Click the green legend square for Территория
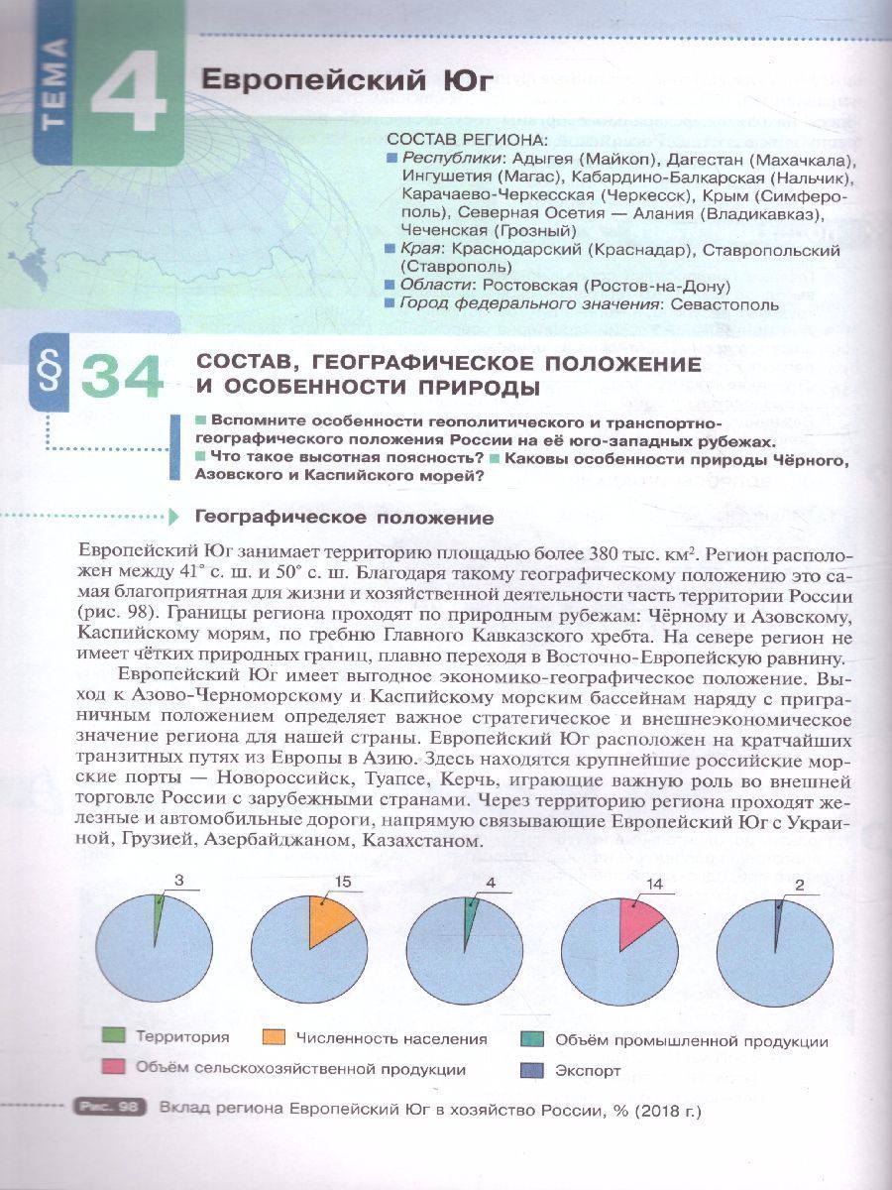pyautogui.click(x=115, y=1037)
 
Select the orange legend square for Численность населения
pyautogui.click(x=275, y=1038)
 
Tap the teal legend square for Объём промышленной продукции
pyautogui.click(x=531, y=1039)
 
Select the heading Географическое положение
pyautogui.click(x=344, y=518)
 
